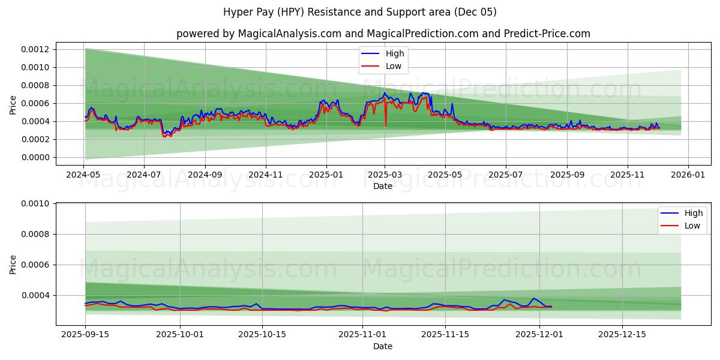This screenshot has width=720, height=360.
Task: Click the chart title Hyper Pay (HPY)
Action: click(x=360, y=12)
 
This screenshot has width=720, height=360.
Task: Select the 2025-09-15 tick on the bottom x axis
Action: click(x=85, y=334)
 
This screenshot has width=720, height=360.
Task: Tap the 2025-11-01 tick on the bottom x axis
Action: click(x=362, y=334)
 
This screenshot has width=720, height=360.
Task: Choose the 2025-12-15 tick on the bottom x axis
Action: click(x=622, y=334)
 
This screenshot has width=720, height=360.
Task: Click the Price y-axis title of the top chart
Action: click(x=13, y=104)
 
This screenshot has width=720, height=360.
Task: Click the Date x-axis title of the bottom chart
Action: click(x=383, y=346)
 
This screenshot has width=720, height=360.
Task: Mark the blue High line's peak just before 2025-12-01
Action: click(x=533, y=298)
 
